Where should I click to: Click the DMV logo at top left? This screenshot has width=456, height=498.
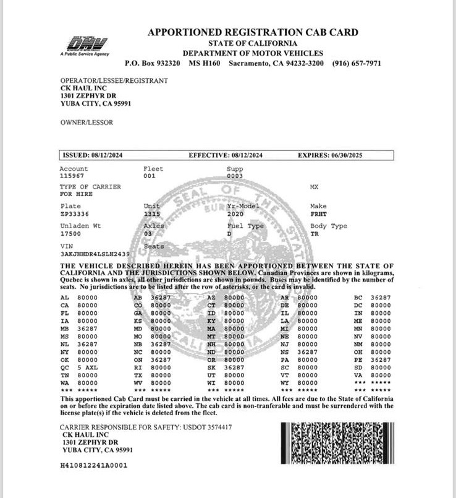86,45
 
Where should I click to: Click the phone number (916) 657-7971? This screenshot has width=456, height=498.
357,63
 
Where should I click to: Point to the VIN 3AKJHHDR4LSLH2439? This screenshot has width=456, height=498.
95,254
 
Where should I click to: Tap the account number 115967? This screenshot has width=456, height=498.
70,176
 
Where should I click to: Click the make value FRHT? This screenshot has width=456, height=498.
319,213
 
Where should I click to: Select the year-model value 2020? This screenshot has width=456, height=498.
236,213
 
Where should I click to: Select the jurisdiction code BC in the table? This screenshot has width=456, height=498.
358,298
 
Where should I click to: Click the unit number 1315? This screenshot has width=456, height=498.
151,213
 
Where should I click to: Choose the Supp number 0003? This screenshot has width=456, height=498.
235,176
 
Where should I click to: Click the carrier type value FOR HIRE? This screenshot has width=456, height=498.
75,194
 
